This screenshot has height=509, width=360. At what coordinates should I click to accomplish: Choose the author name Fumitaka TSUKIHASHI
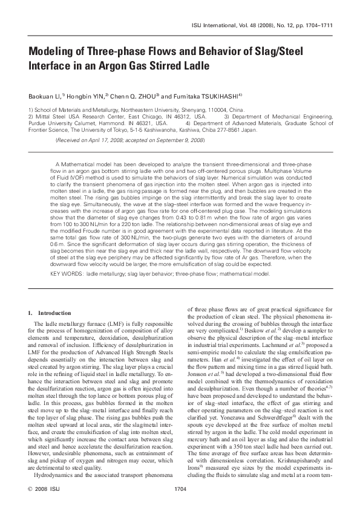click(208, 96)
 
